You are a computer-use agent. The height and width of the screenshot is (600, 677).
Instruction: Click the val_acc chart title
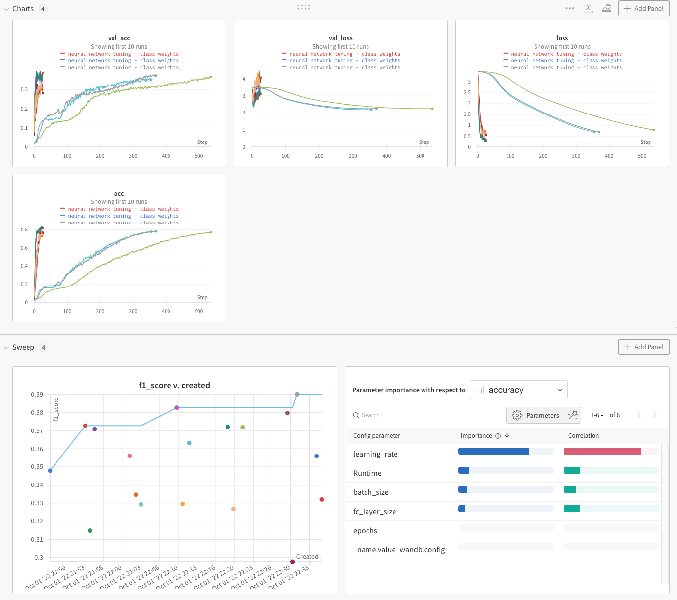coord(119,38)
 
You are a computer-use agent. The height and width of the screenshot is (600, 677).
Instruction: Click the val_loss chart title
coord(340,38)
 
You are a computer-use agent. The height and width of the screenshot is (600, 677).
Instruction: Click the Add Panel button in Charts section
coord(643,8)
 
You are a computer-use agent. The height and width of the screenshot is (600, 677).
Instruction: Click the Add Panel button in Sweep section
coord(643,347)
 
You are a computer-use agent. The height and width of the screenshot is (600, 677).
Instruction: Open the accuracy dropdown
coord(518,390)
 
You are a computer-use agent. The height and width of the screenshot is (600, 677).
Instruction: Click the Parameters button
coord(536,415)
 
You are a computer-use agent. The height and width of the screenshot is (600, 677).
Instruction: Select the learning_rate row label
coord(375,454)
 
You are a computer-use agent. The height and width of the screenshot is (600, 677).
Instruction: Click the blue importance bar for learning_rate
coord(493,451)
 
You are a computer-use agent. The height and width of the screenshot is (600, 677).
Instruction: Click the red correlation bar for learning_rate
coord(602,451)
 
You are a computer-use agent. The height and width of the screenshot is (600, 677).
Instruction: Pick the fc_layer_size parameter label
coord(374,512)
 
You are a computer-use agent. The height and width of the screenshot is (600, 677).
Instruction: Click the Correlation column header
coord(584,436)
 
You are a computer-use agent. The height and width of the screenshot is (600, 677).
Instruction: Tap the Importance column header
coord(476,436)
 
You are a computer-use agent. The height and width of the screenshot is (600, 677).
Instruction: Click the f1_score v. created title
coord(174,385)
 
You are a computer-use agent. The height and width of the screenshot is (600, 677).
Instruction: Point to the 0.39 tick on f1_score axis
coord(37,395)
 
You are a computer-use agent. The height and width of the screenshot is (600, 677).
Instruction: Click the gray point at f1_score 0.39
coord(297,394)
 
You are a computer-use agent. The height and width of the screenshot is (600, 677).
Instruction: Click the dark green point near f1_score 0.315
coord(90,531)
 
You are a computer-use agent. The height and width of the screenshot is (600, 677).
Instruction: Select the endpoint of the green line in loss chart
coord(654,130)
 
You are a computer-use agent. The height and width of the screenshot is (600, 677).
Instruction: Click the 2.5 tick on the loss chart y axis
coord(467,93)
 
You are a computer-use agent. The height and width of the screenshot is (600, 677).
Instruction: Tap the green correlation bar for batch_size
coord(569,489)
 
